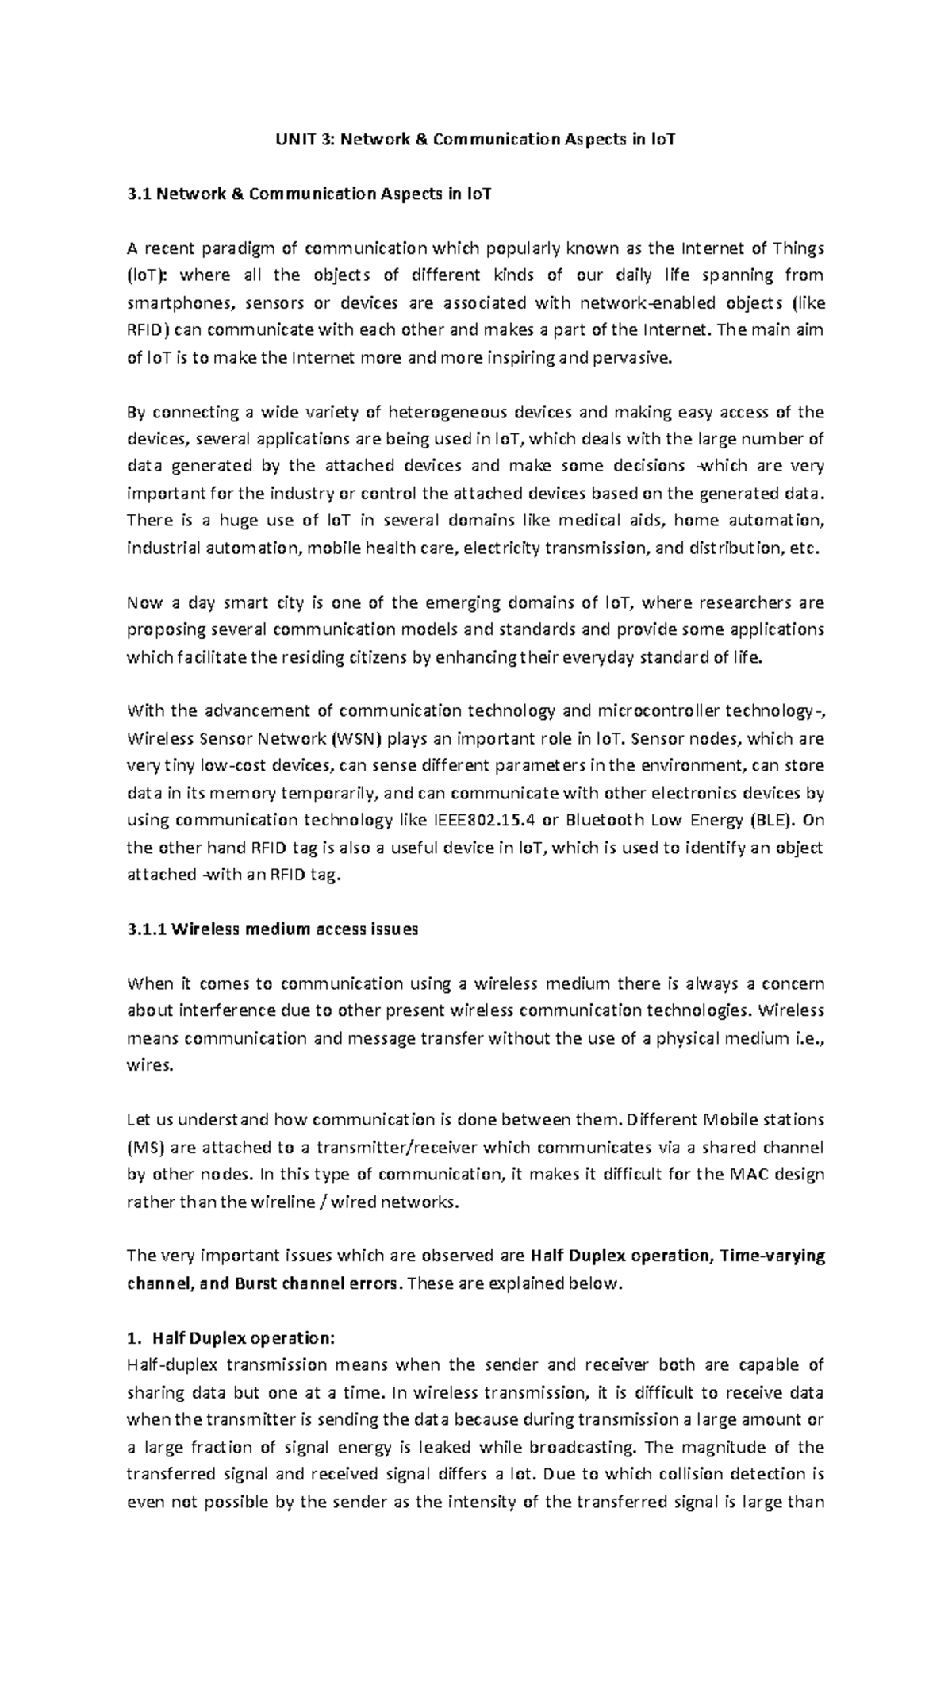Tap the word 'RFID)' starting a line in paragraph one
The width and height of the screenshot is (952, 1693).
pos(148,330)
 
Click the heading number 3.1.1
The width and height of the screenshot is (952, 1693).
pos(147,929)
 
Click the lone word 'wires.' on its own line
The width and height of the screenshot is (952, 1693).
pos(149,1066)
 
